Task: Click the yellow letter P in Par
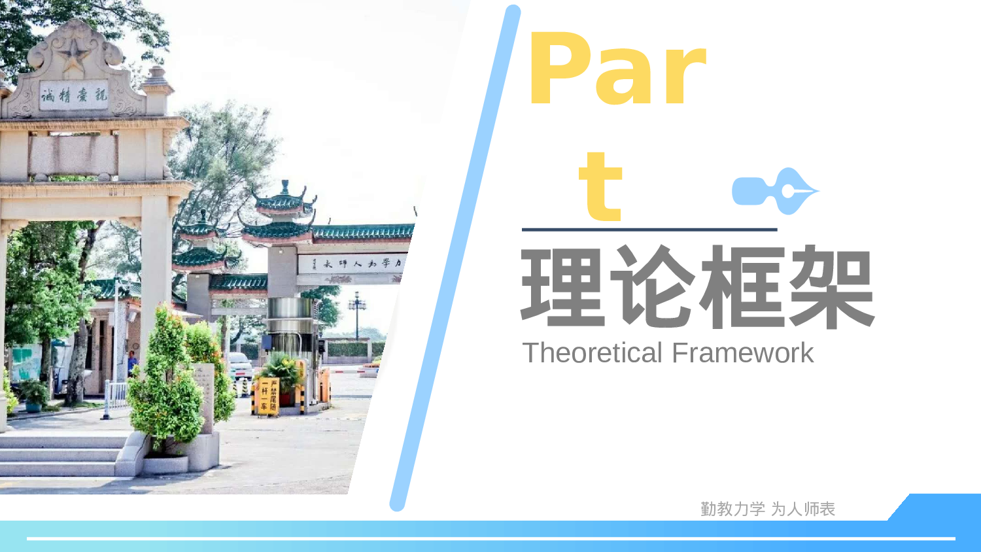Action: (x=559, y=69)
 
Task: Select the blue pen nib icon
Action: (x=776, y=190)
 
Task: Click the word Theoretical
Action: (x=593, y=353)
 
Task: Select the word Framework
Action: (x=742, y=353)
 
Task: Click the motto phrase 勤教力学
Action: (x=732, y=509)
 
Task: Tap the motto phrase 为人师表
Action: (x=803, y=509)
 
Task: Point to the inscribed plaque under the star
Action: (x=73, y=95)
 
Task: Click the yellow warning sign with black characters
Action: (x=268, y=396)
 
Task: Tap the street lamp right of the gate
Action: (x=357, y=314)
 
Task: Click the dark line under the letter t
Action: (x=649, y=230)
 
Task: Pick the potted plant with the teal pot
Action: (x=34, y=396)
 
